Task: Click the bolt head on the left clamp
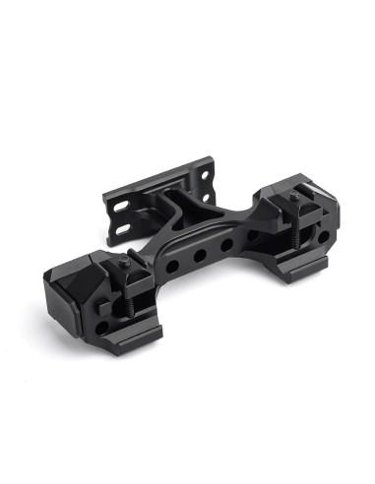click(x=129, y=265)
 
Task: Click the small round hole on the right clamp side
click(x=323, y=236)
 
